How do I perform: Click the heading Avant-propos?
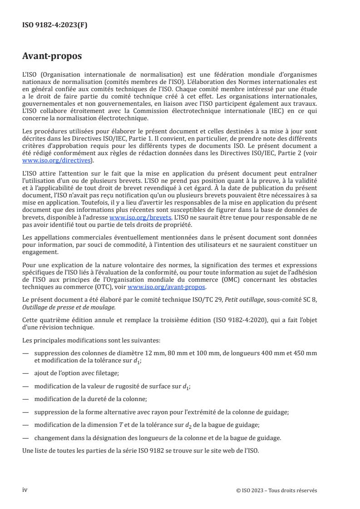52,56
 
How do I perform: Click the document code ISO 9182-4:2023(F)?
55,25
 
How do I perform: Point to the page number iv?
25,490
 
